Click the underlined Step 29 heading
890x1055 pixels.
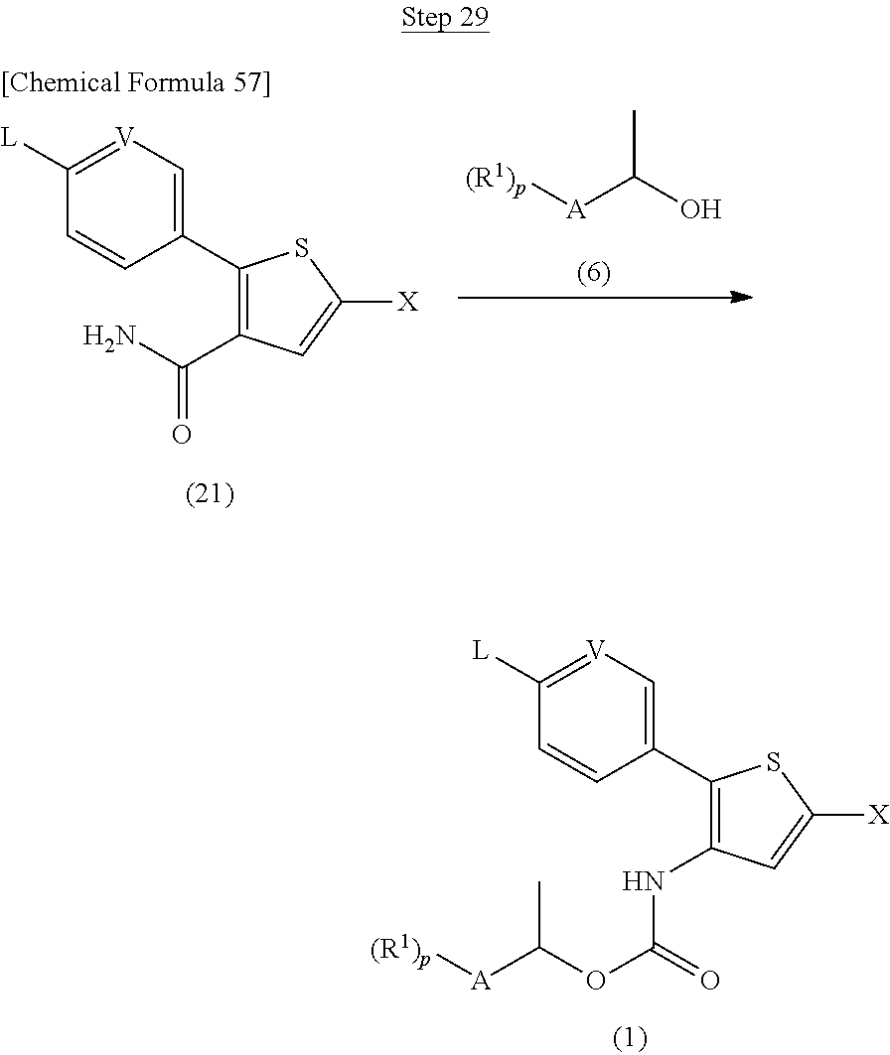tap(444, 19)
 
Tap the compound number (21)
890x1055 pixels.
tap(210, 494)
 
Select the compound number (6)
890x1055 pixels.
tap(594, 274)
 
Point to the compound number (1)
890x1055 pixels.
tap(629, 1037)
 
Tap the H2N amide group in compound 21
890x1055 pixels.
tap(108, 340)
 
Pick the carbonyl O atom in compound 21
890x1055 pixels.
tap(182, 434)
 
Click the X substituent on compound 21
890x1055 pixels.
tap(407, 302)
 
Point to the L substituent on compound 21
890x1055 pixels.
tap(9, 137)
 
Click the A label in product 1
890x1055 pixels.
tap(481, 982)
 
